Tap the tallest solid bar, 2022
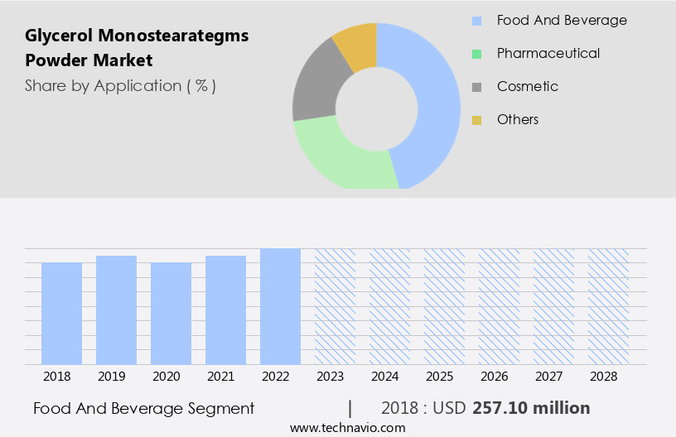(x=280, y=306)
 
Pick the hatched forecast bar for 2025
(x=444, y=306)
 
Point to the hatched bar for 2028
(x=608, y=306)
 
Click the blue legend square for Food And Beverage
(x=476, y=21)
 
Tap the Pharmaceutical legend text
(x=548, y=53)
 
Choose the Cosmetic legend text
(x=528, y=86)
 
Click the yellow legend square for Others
(x=476, y=120)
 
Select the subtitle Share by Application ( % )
(x=120, y=86)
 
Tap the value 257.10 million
(x=531, y=408)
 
